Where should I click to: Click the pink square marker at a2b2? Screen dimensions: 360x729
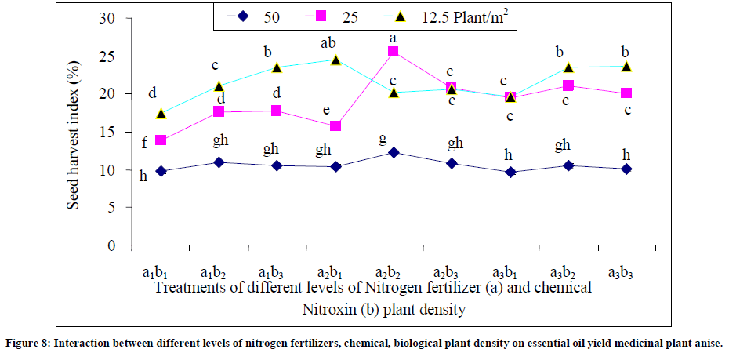click(393, 52)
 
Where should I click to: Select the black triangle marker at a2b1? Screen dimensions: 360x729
click(335, 60)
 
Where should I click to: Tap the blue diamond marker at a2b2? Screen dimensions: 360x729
click(393, 152)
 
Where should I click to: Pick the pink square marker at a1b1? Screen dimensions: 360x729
click(161, 140)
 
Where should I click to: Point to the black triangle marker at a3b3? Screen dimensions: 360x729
click(626, 67)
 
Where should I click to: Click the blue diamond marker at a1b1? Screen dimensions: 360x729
click(161, 171)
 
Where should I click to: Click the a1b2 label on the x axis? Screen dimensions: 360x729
click(212, 272)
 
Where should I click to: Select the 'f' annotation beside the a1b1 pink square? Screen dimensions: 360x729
click(145, 142)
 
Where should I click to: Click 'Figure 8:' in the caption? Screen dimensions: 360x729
click(31, 344)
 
